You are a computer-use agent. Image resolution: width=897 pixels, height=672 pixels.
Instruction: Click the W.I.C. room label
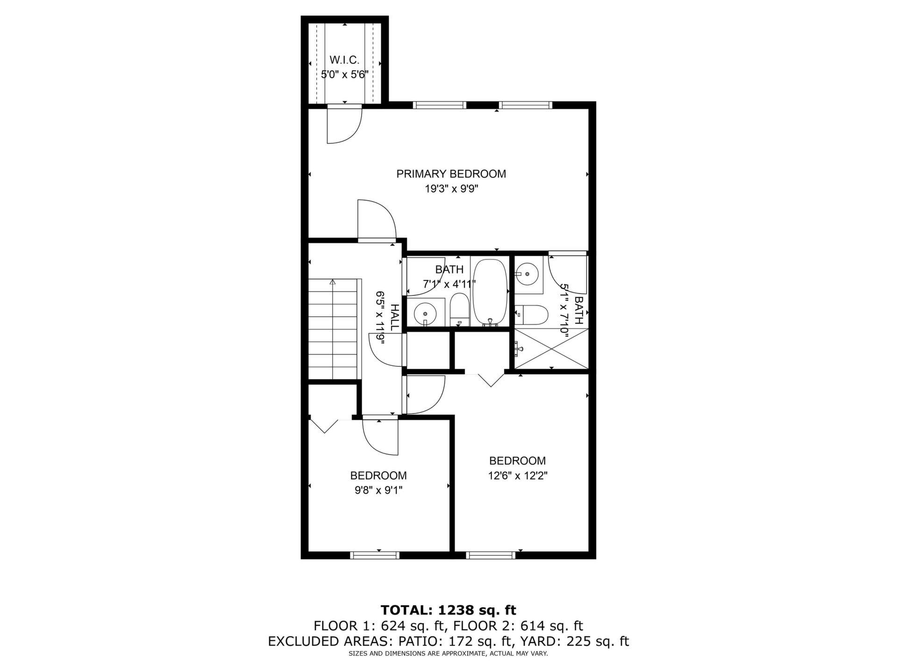click(x=344, y=60)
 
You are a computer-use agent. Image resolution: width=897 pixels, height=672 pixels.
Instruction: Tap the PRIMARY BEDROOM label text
click(x=451, y=174)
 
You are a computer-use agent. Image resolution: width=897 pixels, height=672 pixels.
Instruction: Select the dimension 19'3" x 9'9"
click(x=451, y=189)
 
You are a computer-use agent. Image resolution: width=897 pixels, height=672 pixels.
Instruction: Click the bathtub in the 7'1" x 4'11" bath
click(x=490, y=293)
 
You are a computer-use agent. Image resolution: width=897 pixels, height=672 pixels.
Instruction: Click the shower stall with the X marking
click(x=551, y=349)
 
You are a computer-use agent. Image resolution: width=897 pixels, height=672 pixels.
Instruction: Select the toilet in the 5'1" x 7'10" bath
click(x=531, y=315)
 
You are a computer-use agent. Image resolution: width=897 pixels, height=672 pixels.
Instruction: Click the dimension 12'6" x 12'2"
click(x=518, y=476)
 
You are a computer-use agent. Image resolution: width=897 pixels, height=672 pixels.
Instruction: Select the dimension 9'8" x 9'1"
click(x=378, y=490)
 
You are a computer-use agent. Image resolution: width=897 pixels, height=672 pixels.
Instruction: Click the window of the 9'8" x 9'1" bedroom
click(x=375, y=555)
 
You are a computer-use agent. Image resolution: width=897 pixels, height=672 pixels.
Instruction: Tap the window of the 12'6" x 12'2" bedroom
click(x=491, y=555)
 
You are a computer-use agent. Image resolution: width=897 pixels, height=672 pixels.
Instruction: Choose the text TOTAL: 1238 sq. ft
click(x=448, y=610)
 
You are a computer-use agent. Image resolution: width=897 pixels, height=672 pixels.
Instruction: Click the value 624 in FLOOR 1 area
click(x=392, y=626)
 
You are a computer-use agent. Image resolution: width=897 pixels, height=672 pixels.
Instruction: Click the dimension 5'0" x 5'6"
click(x=345, y=74)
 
